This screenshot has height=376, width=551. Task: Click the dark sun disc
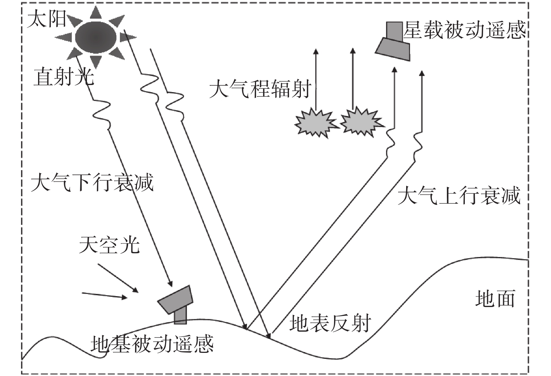click(x=96, y=37)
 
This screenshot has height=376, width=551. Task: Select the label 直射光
click(x=63, y=77)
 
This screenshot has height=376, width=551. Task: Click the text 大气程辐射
click(x=260, y=90)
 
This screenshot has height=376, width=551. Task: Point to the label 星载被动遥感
click(x=464, y=30)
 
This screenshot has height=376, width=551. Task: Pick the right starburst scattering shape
click(x=361, y=121)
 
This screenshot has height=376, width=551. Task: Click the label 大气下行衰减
click(x=92, y=183)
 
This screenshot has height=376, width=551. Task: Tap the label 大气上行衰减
click(x=459, y=195)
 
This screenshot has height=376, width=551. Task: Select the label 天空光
click(x=109, y=245)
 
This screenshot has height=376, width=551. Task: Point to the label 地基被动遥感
click(x=152, y=344)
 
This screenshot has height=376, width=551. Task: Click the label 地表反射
click(x=330, y=323)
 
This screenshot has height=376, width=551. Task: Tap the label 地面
click(x=495, y=298)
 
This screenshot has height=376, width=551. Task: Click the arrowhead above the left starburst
click(x=316, y=51)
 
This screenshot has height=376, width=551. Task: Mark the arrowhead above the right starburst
click(x=353, y=51)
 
